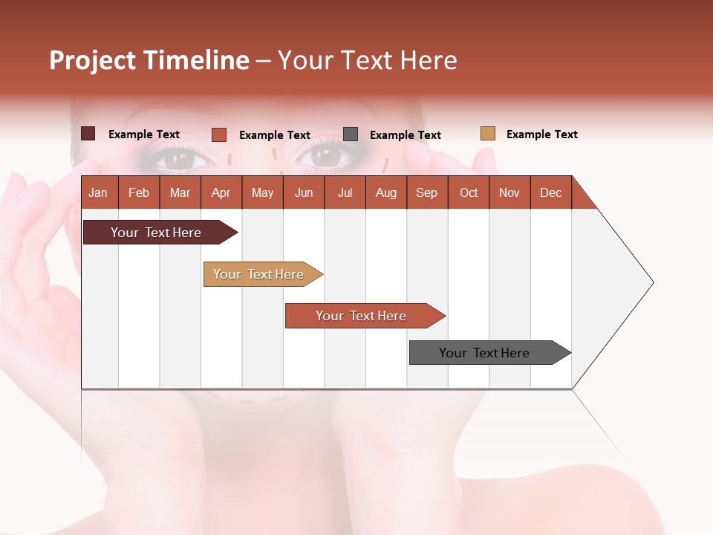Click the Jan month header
(x=98, y=193)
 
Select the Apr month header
(x=221, y=193)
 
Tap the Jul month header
(x=345, y=193)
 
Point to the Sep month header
(x=426, y=193)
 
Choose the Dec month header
(x=550, y=193)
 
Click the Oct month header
(x=469, y=193)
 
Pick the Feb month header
(x=139, y=193)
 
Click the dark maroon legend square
(x=88, y=134)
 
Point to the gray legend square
(x=351, y=134)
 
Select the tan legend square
(x=487, y=134)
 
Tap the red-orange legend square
(x=218, y=134)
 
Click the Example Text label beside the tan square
(x=541, y=134)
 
